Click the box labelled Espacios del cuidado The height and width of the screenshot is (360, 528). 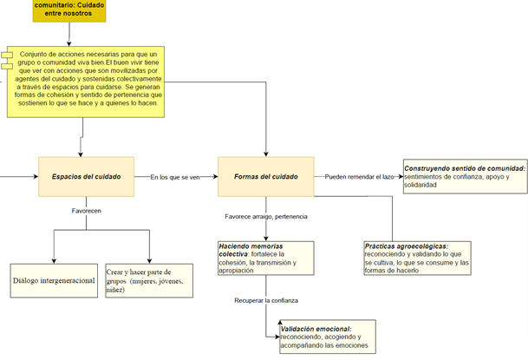point(86,177)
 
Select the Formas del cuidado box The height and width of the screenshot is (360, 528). point(265,177)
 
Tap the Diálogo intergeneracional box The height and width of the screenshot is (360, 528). point(54,281)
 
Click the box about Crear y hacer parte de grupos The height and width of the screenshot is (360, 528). point(150,279)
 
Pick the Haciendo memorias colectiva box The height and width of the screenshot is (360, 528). point(265,258)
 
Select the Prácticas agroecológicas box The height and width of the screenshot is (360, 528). point(418,258)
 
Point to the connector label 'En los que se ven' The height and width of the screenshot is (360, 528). point(174,178)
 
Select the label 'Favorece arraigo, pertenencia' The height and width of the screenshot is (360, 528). point(266,216)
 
